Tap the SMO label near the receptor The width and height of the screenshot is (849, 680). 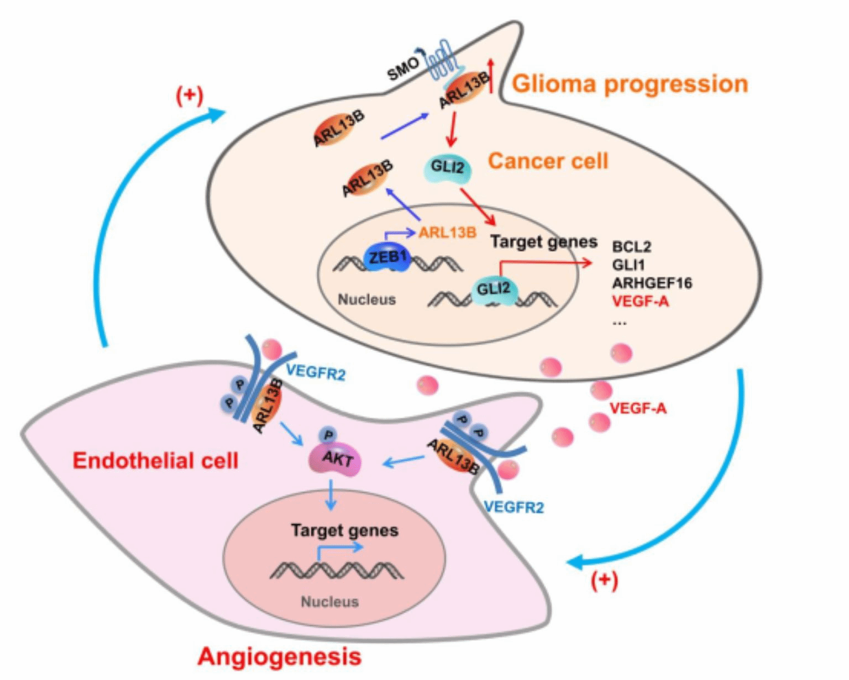click(x=403, y=68)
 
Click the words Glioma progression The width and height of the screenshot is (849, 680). click(x=630, y=84)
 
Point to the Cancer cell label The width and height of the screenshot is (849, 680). click(x=548, y=161)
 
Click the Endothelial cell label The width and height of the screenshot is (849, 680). click(x=155, y=461)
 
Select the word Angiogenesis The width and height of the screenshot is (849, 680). click(x=279, y=657)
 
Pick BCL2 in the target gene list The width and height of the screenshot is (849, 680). click(x=631, y=246)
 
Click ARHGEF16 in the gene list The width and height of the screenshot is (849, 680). click(x=652, y=283)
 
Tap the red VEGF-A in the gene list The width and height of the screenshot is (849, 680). click(x=640, y=302)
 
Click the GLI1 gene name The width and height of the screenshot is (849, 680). click(x=628, y=265)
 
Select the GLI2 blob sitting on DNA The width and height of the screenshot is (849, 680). click(x=494, y=290)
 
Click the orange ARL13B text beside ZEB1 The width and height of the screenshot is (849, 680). click(x=447, y=233)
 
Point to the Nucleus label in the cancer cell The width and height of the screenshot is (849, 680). click(x=366, y=299)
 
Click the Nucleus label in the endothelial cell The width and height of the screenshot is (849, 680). click(x=329, y=602)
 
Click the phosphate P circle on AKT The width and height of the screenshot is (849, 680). click(x=328, y=435)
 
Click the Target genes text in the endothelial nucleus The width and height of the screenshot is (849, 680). click(x=344, y=530)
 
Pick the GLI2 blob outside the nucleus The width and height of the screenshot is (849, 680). click(x=448, y=168)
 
